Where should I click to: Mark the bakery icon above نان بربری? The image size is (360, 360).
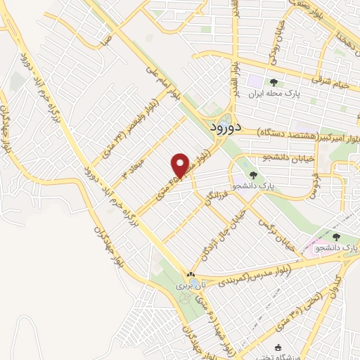pos(191,274)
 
